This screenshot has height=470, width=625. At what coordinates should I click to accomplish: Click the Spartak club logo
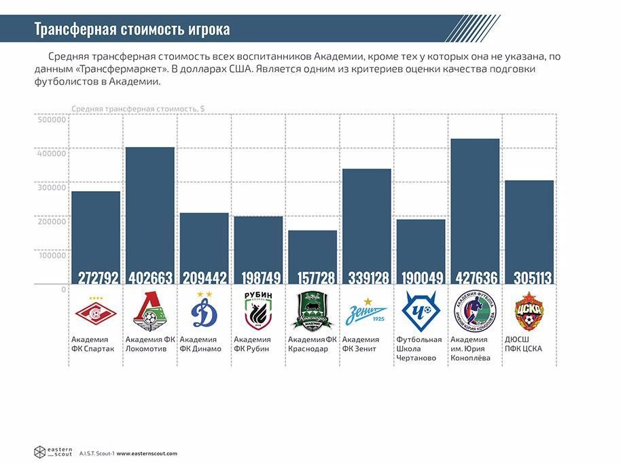(96, 312)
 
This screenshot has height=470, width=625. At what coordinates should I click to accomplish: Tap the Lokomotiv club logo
(149, 312)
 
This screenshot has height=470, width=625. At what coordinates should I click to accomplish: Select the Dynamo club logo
(204, 312)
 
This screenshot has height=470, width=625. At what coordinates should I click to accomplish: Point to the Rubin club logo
(258, 312)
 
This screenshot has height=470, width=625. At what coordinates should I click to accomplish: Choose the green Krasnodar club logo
(312, 312)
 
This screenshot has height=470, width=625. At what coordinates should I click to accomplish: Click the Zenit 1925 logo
(367, 312)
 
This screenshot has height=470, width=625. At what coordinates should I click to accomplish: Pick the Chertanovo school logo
(421, 312)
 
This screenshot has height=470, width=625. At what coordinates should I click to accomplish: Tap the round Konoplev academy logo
(475, 312)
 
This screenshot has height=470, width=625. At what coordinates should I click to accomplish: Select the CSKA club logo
(529, 312)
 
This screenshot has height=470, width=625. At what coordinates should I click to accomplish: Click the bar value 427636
(475, 277)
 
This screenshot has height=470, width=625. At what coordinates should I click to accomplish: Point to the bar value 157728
(312, 277)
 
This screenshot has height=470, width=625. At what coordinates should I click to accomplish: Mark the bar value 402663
(149, 277)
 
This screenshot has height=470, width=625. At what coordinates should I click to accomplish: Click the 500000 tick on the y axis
(51, 120)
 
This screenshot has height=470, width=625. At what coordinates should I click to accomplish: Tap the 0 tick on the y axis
(64, 289)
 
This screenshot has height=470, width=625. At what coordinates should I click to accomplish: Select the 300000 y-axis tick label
(51, 188)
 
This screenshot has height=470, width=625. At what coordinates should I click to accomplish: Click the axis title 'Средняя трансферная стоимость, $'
(138, 109)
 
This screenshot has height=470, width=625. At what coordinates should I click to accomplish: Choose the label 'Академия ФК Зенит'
(361, 344)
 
